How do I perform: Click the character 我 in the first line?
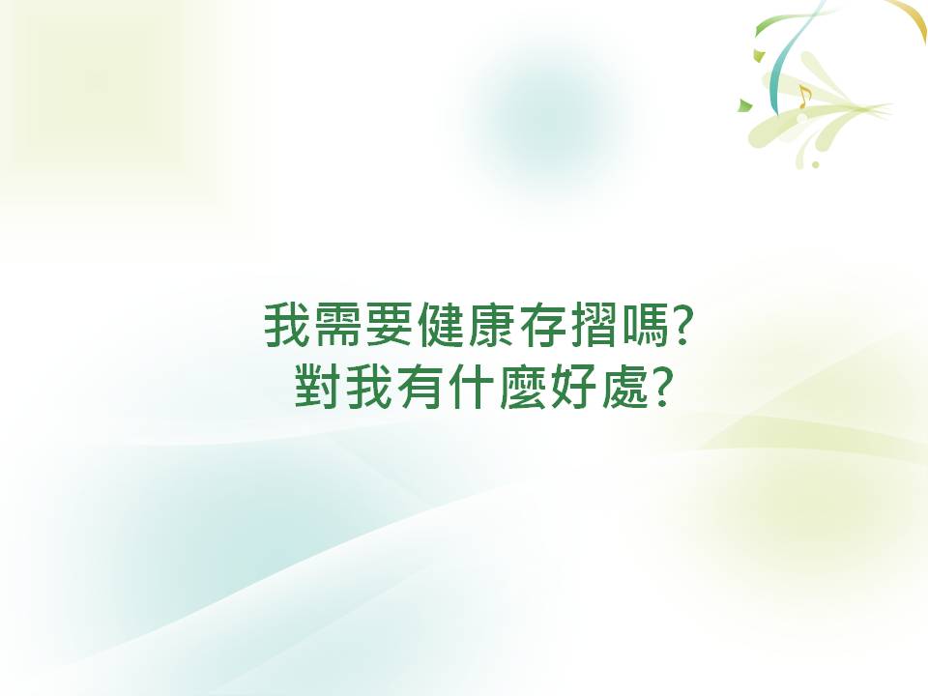tap(286, 325)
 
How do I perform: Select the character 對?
tap(317, 387)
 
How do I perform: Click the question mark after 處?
tap(661, 387)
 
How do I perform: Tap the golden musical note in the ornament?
tap(803, 97)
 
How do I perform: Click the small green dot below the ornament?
tap(816, 164)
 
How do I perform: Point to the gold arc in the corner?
tap(913, 14)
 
